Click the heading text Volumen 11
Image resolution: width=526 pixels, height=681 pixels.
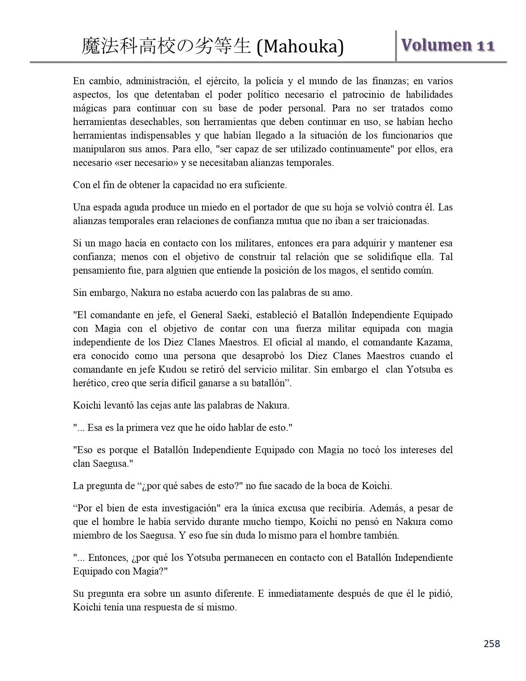click(x=448, y=45)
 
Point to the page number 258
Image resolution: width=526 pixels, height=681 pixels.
click(x=492, y=643)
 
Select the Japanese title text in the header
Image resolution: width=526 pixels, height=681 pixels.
click(x=166, y=47)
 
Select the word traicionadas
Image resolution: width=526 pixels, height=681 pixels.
click(x=403, y=221)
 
